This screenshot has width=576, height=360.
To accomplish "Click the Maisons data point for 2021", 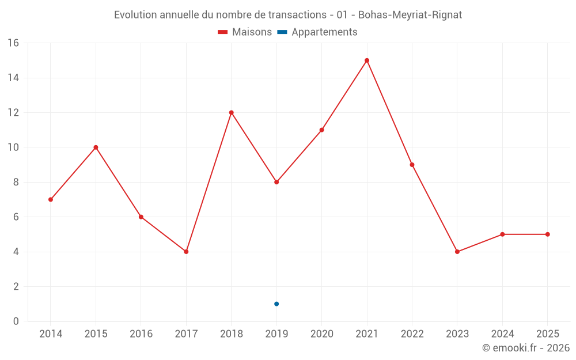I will pos(367,60).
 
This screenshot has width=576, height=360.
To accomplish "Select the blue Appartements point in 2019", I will pos(276,304).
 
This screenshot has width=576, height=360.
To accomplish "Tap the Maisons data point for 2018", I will pos(232,112).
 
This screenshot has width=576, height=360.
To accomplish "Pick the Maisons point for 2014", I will pos(51,199).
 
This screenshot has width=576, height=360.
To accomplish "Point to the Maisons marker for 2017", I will pos(186,252).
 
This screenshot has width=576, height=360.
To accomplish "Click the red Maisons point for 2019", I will pos(276,182).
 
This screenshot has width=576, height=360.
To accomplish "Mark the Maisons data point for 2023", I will pos(457,252).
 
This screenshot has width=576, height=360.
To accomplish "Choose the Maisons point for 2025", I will pos(548,234).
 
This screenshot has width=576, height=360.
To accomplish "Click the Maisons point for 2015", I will pos(96,147).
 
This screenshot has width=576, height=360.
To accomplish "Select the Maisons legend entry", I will pos(245,32).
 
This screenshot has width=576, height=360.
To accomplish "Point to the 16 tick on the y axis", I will pos(13,43).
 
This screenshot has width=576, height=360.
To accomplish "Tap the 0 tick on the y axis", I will pos(16,321).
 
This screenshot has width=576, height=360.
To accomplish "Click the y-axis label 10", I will pos(13,147).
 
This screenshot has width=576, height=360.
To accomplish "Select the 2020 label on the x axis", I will pos(321,334).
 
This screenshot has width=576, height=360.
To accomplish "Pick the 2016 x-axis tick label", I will pos(141,334).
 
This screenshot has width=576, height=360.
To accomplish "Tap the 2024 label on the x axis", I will pos(502,334).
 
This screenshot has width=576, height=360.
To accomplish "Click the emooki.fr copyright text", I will pos(525,348).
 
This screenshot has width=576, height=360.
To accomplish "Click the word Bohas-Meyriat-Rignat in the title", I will pos(410,15).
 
